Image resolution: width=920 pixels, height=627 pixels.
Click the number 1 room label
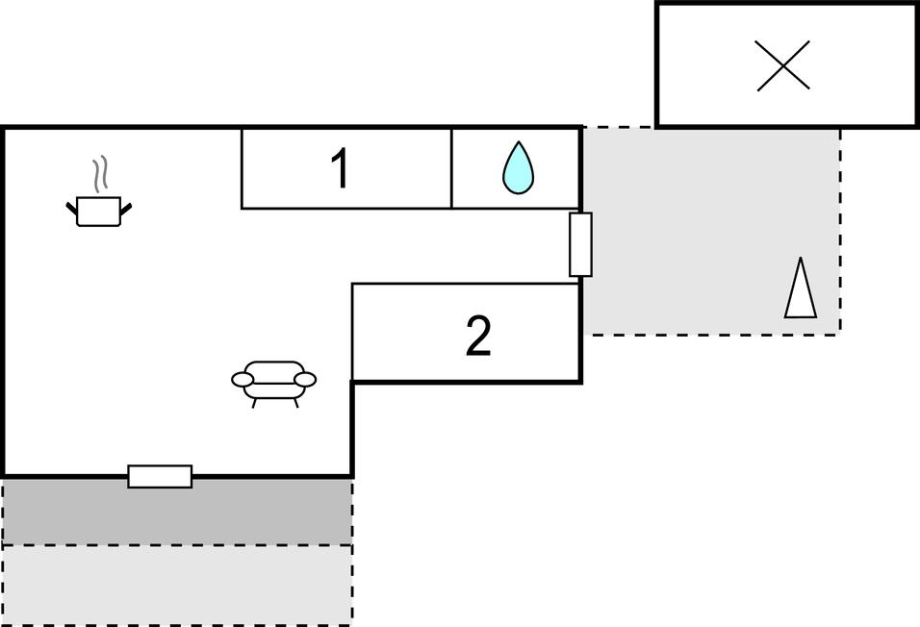[340, 168]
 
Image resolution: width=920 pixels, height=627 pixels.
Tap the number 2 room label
[478, 336]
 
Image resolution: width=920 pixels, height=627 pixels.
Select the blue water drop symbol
[518, 167]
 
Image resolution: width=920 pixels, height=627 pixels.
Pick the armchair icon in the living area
[274, 384]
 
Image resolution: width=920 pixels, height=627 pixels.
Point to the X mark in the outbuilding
[783, 65]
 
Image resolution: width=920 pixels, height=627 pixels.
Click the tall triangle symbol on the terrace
[801, 288]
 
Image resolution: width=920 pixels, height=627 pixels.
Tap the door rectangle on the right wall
[580, 244]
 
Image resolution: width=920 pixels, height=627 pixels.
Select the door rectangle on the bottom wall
[160, 476]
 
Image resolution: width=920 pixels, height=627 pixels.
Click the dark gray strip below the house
[177, 512]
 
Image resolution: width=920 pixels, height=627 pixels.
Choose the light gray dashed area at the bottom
[177, 584]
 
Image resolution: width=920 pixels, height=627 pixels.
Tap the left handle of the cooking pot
[71, 207]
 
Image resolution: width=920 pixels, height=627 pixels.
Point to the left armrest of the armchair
[243, 380]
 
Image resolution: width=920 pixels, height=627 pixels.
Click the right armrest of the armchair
[305, 380]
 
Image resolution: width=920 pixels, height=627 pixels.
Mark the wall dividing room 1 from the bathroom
[451, 168]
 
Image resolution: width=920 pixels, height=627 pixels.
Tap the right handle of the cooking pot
[126, 207]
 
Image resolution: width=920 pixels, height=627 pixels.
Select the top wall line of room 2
[466, 284]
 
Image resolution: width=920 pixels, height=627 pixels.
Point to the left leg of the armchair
[254, 402]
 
